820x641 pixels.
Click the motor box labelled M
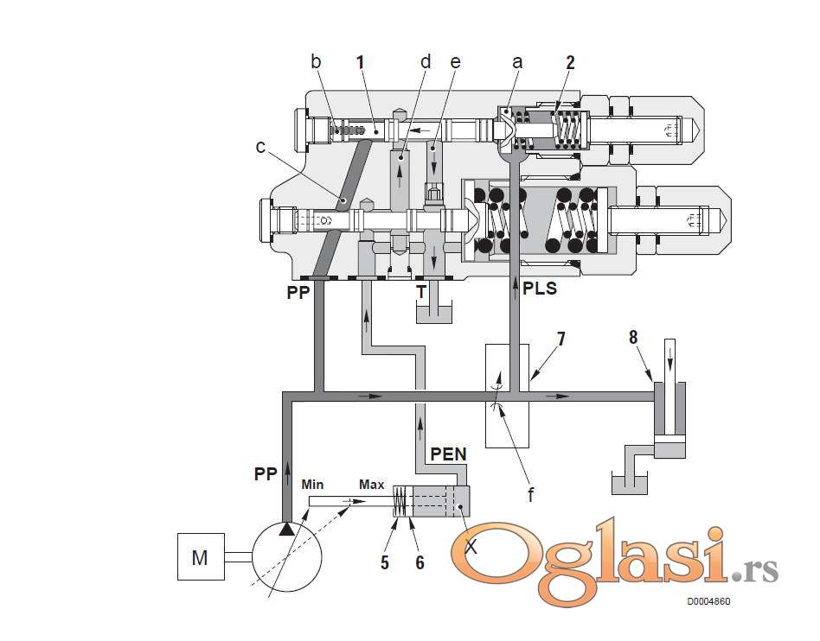coord(200,557)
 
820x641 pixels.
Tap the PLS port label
coord(539,289)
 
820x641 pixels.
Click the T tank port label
coord(420,292)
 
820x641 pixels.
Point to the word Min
coord(312,485)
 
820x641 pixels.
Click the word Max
coord(371,485)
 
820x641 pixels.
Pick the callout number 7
coord(561,338)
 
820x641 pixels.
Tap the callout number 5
coord(385,562)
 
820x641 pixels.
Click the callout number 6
coord(420,562)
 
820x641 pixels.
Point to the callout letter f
coord(531,495)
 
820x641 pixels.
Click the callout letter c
coord(261,146)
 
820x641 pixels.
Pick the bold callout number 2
coord(570,62)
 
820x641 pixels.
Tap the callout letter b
coord(316,62)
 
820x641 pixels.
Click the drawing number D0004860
coord(708,601)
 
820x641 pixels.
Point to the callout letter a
coord(518,62)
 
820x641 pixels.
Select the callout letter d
coord(425,62)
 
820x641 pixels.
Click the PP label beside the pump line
coord(266,474)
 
